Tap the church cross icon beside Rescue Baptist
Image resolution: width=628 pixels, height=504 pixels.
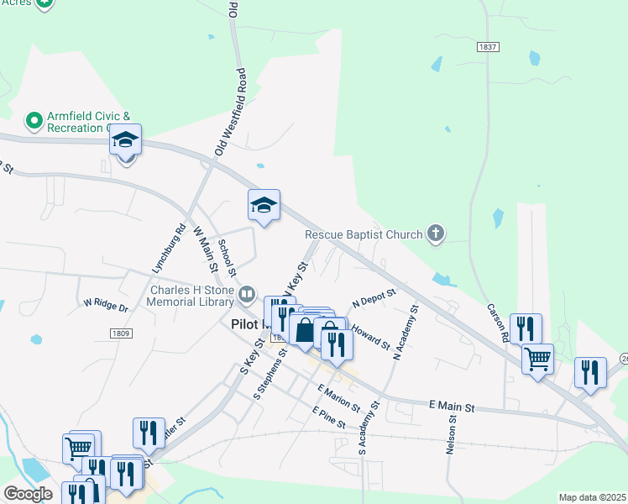tap(435, 235)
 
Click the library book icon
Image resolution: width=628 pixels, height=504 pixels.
tap(247, 295)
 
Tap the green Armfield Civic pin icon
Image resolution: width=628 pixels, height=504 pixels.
tap(34, 121)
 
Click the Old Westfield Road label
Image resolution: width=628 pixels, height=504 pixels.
tap(232, 112)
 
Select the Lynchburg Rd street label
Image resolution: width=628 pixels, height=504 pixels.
tap(169, 249)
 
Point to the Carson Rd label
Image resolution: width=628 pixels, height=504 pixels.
tap(499, 322)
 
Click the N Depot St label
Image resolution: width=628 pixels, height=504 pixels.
tap(374, 298)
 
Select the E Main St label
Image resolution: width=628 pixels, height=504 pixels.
tap(452, 407)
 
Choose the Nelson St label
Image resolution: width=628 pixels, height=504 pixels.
tap(453, 434)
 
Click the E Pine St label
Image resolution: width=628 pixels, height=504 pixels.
tap(328, 417)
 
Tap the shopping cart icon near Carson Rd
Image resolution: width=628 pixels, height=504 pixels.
tap(537, 359)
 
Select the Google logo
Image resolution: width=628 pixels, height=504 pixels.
tap(28, 494)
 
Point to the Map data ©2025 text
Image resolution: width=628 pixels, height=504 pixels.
tap(592, 497)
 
